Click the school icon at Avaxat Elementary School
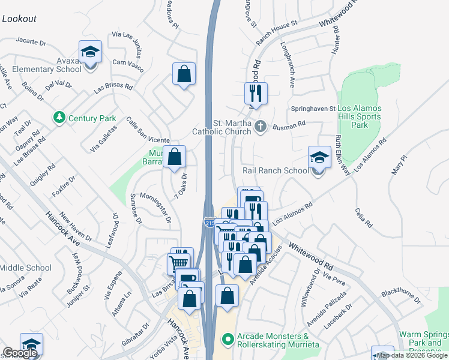point(90,52)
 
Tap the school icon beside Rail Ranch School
point(319,158)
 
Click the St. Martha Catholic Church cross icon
point(260,127)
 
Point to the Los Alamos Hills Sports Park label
point(359,116)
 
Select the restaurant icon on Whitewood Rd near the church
point(256,94)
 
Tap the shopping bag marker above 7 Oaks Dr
point(174,157)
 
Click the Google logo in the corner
point(20,353)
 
